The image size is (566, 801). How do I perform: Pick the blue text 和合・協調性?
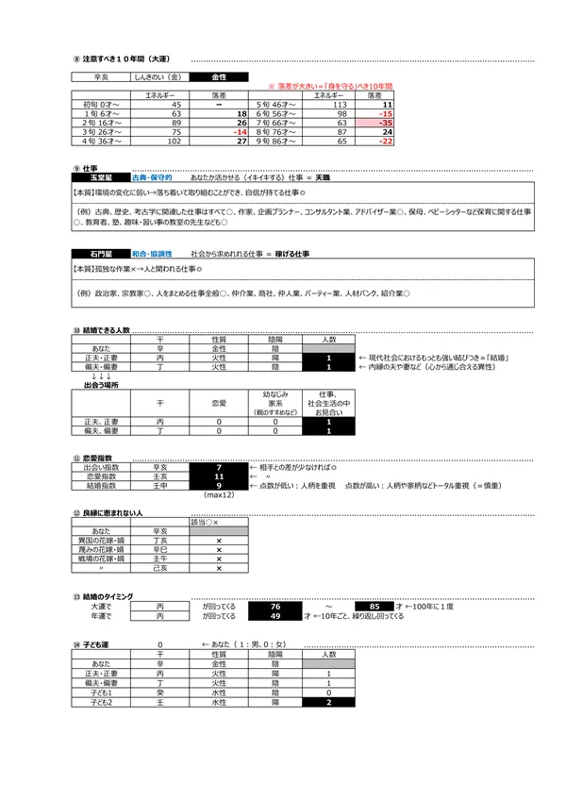pyautogui.click(x=153, y=255)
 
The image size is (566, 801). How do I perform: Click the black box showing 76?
pyautogui.click(x=274, y=607)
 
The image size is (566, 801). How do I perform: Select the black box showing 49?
pyautogui.click(x=274, y=616)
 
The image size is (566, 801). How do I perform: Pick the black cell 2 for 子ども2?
pyautogui.click(x=328, y=703)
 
